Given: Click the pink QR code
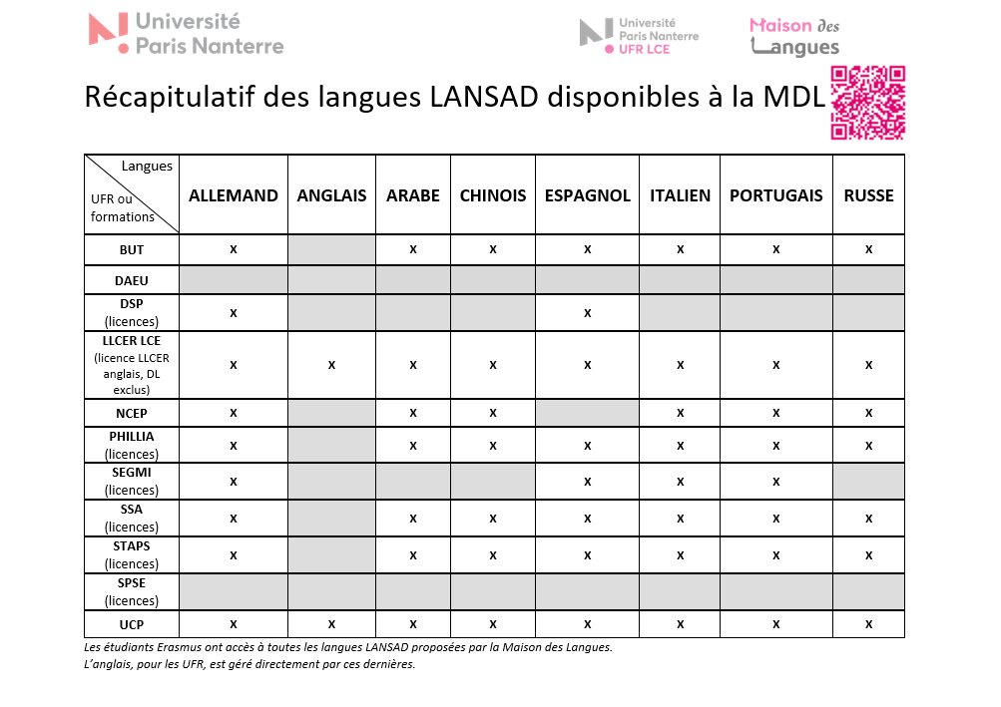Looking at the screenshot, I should pyautogui.click(x=867, y=103).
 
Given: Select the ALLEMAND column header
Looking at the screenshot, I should pyautogui.click(x=234, y=195).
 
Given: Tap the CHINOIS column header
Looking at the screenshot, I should pyautogui.click(x=493, y=195).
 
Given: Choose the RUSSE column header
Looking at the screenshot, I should pyautogui.click(x=868, y=195).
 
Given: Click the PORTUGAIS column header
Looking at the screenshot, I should pyautogui.click(x=776, y=195).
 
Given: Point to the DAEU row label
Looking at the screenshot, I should pyautogui.click(x=131, y=281).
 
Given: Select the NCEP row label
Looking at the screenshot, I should pyautogui.click(x=131, y=413).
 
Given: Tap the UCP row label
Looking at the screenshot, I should pyautogui.click(x=131, y=624).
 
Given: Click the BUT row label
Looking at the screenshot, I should pyautogui.click(x=131, y=249).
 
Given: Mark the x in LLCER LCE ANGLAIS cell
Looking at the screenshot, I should pyautogui.click(x=331, y=365).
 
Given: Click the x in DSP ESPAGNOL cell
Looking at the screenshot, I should pyautogui.click(x=588, y=313).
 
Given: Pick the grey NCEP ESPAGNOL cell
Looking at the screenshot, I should pyautogui.click(x=588, y=413).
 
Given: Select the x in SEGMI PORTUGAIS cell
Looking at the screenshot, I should pyautogui.click(x=776, y=482).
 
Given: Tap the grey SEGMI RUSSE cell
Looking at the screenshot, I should pyautogui.click(x=868, y=482).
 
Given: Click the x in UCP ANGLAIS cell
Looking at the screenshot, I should pyautogui.click(x=331, y=624).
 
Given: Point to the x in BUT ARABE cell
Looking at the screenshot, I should pyautogui.click(x=413, y=249).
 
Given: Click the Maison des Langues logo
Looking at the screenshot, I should pyautogui.click(x=794, y=36).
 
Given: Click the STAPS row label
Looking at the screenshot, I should pyautogui.click(x=131, y=554).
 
